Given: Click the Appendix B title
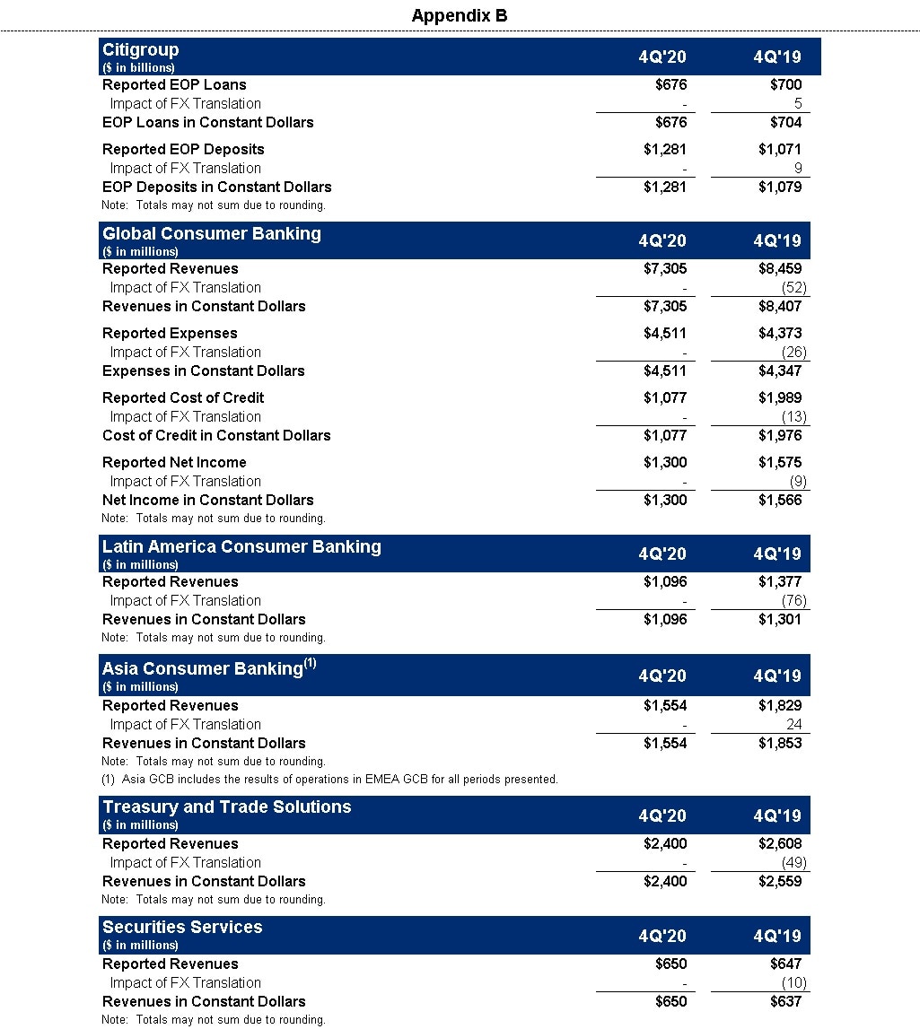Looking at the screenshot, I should pyautogui.click(x=460, y=15).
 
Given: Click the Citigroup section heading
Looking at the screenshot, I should pyautogui.click(x=141, y=50).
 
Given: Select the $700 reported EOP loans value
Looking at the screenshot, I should pyautogui.click(x=785, y=85).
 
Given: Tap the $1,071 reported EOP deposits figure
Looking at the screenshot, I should pyautogui.click(x=779, y=149).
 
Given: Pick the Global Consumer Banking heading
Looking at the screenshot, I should pyautogui.click(x=211, y=234).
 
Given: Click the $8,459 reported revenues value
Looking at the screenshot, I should pyautogui.click(x=779, y=268).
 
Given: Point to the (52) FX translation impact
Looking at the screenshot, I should pyautogui.click(x=793, y=287).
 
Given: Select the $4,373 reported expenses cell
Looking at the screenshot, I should pyautogui.click(x=779, y=333).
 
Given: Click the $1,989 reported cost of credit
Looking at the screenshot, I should pyautogui.click(x=779, y=397).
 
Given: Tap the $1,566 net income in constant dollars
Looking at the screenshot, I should pyautogui.click(x=779, y=500).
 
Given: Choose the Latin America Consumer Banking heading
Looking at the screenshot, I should pyautogui.click(x=241, y=547).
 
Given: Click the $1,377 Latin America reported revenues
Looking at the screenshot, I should pyautogui.click(x=779, y=581).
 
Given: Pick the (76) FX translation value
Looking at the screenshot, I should pyautogui.click(x=793, y=600).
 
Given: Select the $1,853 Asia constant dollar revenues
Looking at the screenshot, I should pyautogui.click(x=779, y=743).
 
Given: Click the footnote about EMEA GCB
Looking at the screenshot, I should pyautogui.click(x=329, y=779).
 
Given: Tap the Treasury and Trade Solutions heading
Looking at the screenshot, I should pyautogui.click(x=226, y=807).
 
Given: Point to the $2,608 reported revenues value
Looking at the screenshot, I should pyautogui.click(x=779, y=843).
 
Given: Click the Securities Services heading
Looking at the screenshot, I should pyautogui.click(x=182, y=928).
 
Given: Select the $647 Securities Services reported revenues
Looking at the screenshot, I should pyautogui.click(x=785, y=964).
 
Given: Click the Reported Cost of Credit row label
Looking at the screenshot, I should pyautogui.click(x=183, y=397).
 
